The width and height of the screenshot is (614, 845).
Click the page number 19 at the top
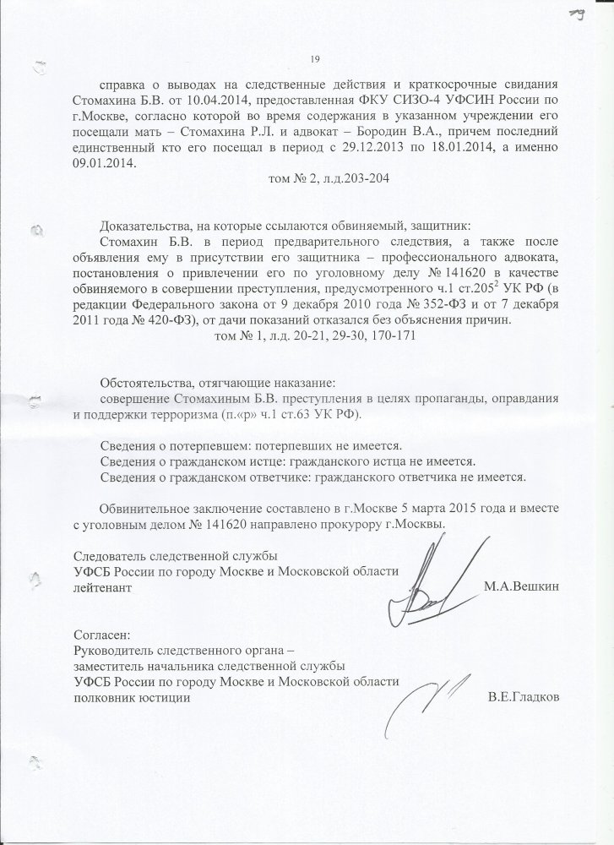click(313, 57)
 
